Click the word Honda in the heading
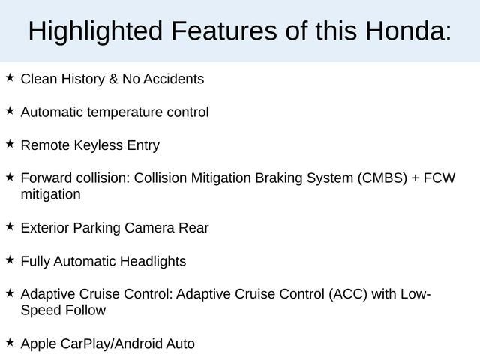pos(402,31)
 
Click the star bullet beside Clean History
pos(10,77)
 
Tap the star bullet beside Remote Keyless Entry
pos(10,144)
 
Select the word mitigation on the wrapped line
pos(50,194)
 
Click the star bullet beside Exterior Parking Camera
pos(10,226)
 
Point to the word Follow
pos(84,310)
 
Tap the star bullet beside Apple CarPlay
pos(10,342)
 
